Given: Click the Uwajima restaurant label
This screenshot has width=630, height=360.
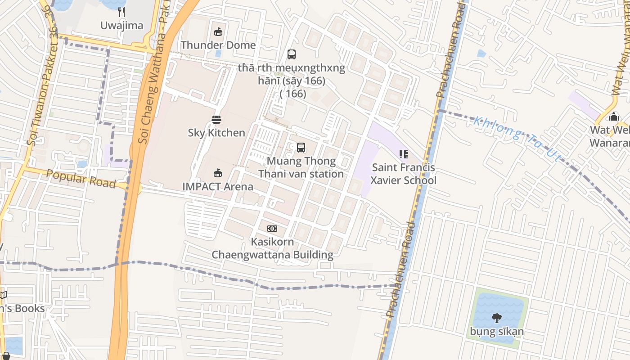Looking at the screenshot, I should coord(121,26).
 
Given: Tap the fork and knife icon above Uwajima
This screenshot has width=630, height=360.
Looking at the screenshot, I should coord(121,12).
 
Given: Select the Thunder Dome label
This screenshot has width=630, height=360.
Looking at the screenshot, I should coord(218,45).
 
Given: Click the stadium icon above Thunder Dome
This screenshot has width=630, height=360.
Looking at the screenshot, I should coord(218,31).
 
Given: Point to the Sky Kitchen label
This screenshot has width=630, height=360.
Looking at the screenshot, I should coord(216,133).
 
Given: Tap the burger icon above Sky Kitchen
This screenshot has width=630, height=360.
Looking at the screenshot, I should coord(216,119).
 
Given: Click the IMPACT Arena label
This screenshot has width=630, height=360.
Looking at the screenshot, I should coord(218,186).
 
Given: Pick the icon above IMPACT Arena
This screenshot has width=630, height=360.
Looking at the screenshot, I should coord(218,173).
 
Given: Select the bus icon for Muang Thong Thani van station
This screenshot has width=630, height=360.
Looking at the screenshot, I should coord(301,147).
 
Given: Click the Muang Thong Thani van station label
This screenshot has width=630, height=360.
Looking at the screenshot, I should coord(301,167).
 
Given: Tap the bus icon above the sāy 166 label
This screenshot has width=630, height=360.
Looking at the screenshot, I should coord(292,54).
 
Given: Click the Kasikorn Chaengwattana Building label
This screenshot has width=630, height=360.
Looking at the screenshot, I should coord(273,248).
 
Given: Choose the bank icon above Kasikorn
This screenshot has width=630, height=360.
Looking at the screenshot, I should coord(272,229).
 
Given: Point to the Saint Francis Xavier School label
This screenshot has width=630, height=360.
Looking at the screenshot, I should coord(403,174).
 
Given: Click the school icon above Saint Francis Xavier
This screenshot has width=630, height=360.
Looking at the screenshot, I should coord(403,154).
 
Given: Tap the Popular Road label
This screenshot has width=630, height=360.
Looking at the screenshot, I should coord(81,179).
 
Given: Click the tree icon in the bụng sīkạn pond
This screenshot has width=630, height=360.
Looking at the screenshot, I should coord(497,318).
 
